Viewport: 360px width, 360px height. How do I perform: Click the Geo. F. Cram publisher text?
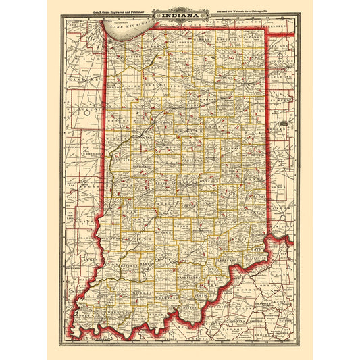click(99, 12)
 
